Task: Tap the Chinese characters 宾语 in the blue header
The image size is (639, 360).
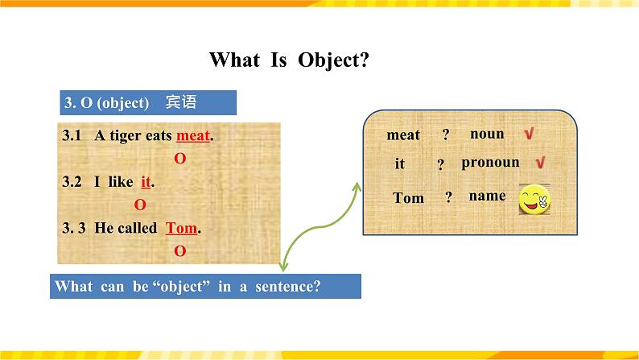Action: [181, 102]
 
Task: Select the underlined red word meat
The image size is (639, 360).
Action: [193, 135]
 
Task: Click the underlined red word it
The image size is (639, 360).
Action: [146, 181]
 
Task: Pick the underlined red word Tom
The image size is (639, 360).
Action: [181, 228]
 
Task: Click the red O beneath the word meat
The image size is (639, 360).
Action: [180, 158]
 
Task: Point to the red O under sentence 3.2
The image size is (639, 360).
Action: [140, 205]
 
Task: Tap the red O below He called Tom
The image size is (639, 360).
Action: [180, 250]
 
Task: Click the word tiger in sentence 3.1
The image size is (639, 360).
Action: [124, 136]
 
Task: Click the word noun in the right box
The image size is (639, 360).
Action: [487, 134]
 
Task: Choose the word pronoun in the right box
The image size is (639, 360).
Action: [490, 163]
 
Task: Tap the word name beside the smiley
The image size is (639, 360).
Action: [488, 196]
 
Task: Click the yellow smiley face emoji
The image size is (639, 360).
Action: [534, 200]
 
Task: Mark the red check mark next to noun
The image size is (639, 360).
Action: [529, 134]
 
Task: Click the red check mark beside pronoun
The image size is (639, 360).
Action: [540, 162]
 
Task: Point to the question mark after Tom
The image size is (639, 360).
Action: [449, 197]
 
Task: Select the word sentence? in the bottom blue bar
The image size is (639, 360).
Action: [288, 286]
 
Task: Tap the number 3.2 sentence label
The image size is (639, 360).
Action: [72, 181]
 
